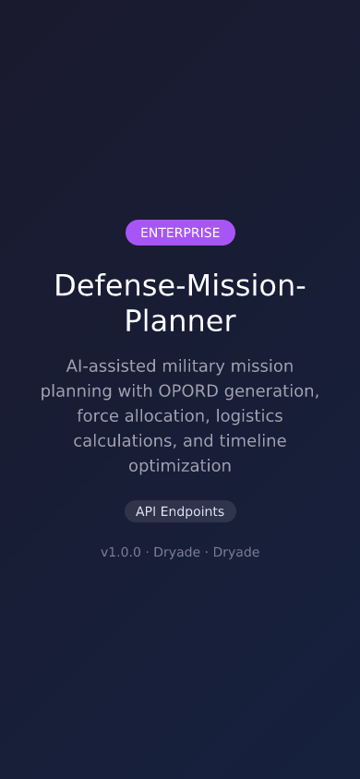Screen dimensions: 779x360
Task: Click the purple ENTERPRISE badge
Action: pos(180,233)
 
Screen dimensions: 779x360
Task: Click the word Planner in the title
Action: pos(180,321)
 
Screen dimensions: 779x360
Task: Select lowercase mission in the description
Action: pos(268,366)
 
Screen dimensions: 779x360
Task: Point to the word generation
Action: pos(276,390)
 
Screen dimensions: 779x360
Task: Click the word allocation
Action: pos(170,415)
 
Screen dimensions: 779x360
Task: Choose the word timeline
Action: pos(250,440)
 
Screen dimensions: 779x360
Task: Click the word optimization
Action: pos(180,465)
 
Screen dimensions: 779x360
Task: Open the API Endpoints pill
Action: pos(180,511)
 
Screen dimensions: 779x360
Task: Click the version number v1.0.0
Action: pos(121,552)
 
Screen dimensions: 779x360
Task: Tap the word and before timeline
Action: pos(198,440)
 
